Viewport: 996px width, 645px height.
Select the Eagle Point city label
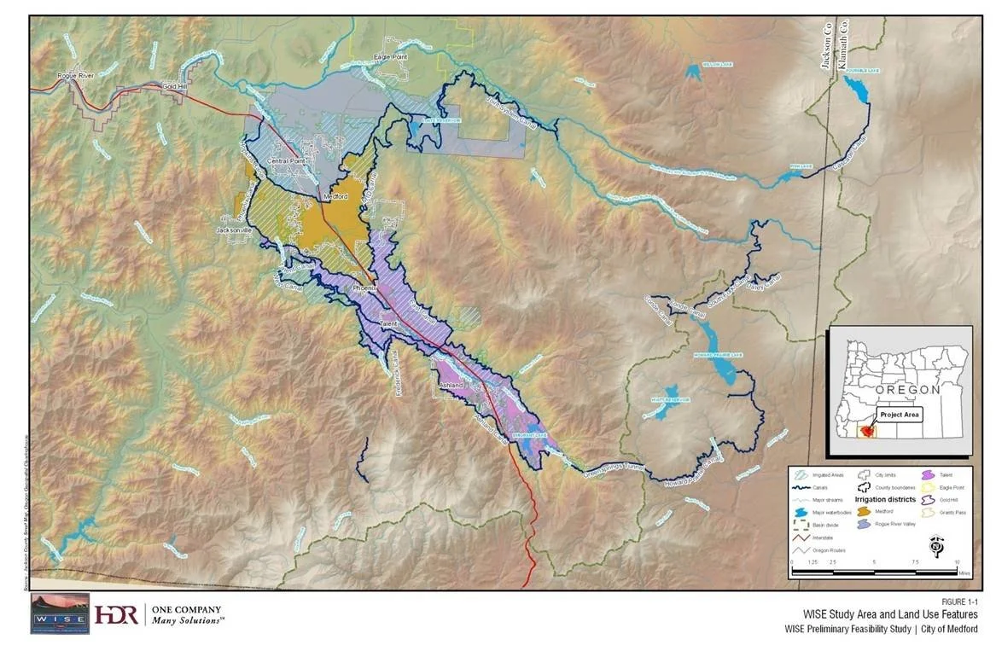tap(393, 57)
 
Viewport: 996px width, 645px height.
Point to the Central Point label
tap(287, 160)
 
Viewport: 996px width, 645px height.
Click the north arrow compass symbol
tap(936, 547)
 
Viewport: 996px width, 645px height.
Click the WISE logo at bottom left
tap(59, 613)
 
